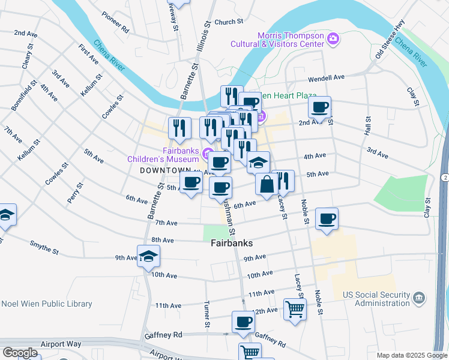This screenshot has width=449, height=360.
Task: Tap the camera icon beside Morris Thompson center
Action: [334, 40]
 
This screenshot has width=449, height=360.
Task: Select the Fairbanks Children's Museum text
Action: [163, 155]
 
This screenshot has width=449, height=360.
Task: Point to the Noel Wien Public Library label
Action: [46, 304]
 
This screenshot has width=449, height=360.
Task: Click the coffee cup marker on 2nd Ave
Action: [319, 108]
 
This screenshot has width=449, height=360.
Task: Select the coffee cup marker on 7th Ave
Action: [327, 220]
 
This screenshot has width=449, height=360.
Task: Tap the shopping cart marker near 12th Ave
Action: [295, 310]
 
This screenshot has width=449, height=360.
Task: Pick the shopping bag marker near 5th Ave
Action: [267, 184]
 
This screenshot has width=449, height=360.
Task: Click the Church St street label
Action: [228, 22]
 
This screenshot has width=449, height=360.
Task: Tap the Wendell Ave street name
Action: [327, 78]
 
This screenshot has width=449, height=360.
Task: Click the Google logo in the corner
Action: [20, 352]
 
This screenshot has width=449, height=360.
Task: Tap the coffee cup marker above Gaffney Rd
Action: [243, 323]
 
